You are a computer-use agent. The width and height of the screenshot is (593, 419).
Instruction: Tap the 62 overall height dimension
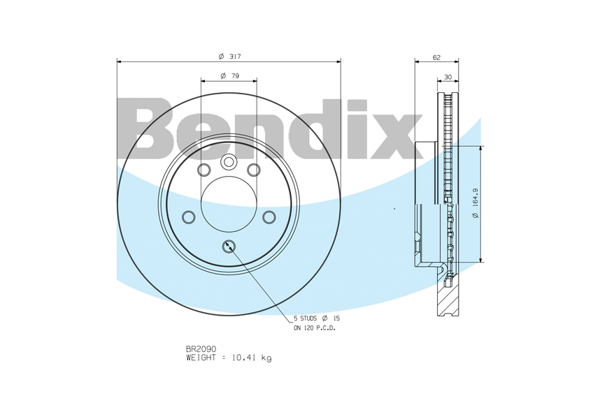pos(436,57)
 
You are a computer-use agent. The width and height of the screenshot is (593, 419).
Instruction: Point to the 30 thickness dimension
pos(448,77)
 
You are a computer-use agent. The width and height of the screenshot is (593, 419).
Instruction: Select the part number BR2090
pos(201,349)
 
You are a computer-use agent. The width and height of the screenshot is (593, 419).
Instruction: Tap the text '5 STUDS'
pos(305,318)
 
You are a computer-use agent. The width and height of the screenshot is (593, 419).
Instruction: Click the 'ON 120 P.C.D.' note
pos(315,328)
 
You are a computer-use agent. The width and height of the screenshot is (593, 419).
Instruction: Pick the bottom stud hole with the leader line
pos(229,247)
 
